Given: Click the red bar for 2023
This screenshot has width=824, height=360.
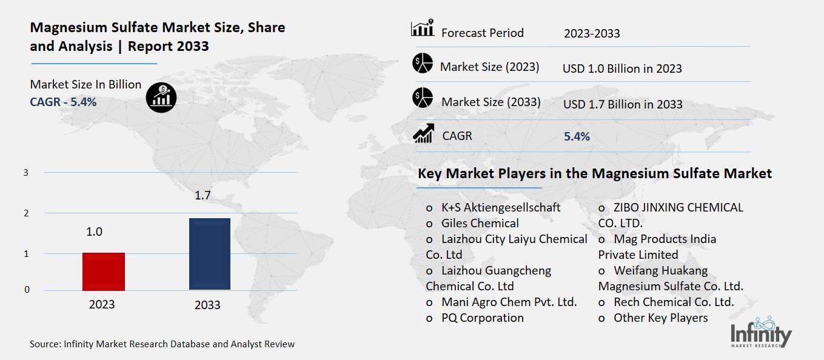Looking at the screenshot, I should (x=104, y=272).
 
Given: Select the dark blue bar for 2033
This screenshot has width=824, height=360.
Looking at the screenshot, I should (x=210, y=254).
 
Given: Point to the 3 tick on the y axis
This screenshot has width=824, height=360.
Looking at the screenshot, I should (x=26, y=173).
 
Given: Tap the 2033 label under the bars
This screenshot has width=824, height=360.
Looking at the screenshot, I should (x=207, y=305).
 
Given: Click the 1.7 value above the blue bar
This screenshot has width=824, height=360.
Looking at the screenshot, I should (x=203, y=196).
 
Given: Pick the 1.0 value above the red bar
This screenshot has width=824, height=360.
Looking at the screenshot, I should (x=94, y=232).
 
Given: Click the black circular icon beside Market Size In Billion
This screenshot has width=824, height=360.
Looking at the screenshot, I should (x=161, y=97).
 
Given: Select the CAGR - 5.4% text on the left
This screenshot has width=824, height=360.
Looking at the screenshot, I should (x=63, y=102).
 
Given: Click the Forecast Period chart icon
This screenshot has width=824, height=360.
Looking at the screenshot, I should (x=422, y=28).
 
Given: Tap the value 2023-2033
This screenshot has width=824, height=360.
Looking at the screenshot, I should (x=592, y=33).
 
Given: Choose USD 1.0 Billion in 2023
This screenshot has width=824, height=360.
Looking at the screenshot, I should (x=622, y=68).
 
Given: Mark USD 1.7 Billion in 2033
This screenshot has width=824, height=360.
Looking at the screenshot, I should (x=623, y=104).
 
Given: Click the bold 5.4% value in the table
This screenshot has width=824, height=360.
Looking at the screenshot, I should (x=577, y=137).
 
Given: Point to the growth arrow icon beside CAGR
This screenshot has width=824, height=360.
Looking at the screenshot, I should (x=423, y=133).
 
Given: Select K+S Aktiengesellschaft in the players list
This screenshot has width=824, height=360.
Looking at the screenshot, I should (x=501, y=207).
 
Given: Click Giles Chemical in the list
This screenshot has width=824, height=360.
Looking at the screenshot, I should (x=480, y=223).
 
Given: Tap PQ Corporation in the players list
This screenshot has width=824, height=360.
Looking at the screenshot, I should (x=482, y=318).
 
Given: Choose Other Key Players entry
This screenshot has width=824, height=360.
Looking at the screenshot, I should (x=660, y=318).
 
